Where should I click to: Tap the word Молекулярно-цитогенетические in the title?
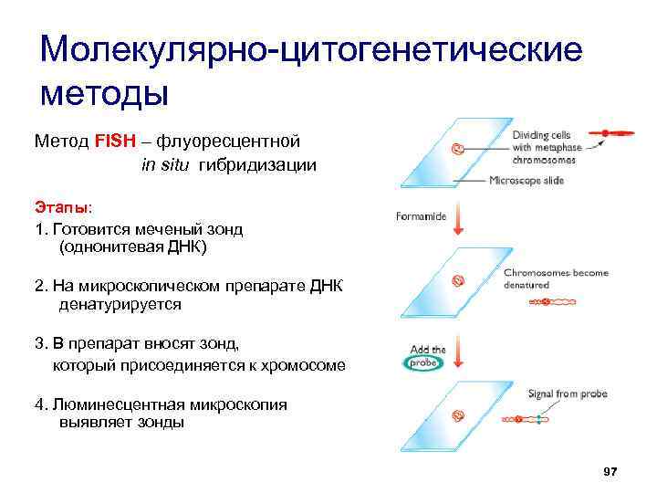[311, 49]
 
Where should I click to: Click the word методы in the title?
[106, 93]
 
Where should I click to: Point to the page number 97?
[610, 471]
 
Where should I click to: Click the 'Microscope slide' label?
[527, 180]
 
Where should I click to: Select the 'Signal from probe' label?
[567, 394]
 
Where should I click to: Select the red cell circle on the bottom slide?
[458, 415]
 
